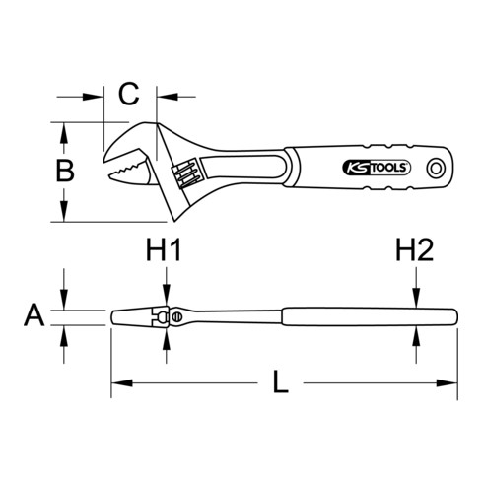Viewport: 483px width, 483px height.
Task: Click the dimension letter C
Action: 129,96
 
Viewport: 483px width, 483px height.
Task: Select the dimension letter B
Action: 64,171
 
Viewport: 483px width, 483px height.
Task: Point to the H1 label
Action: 165,252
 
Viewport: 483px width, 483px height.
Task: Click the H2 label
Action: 416,252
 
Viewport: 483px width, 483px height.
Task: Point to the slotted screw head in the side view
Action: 174,316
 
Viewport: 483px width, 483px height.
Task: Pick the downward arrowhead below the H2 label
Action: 416,299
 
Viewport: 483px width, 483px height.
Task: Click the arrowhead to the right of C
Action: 163,97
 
